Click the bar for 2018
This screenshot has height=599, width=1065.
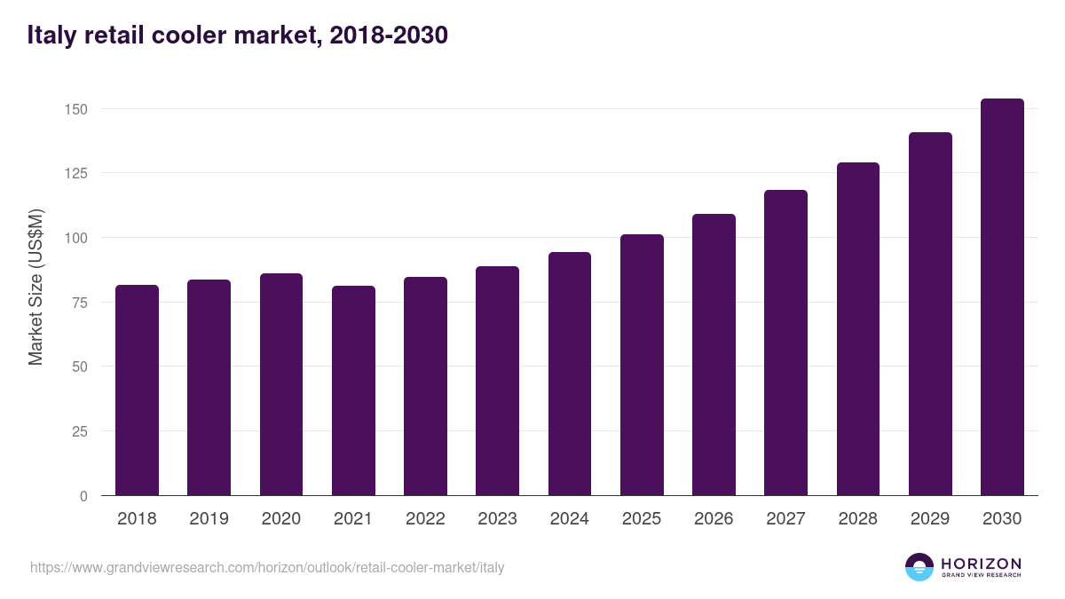(137, 390)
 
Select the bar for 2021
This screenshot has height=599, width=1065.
(353, 390)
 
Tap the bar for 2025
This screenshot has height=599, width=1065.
(642, 365)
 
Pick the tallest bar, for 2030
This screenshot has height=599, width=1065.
(1002, 297)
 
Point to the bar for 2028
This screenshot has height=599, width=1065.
(858, 329)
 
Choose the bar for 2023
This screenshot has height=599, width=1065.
(497, 381)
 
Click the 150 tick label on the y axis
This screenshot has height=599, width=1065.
(76, 109)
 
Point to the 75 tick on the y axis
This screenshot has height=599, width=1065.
(80, 303)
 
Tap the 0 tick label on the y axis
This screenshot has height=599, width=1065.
(83, 496)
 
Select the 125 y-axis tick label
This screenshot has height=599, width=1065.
(76, 173)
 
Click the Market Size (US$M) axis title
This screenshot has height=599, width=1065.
(35, 286)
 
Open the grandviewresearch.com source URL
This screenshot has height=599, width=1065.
(267, 567)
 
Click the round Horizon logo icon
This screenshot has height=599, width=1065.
(919, 567)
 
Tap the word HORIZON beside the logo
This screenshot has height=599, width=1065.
(981, 563)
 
